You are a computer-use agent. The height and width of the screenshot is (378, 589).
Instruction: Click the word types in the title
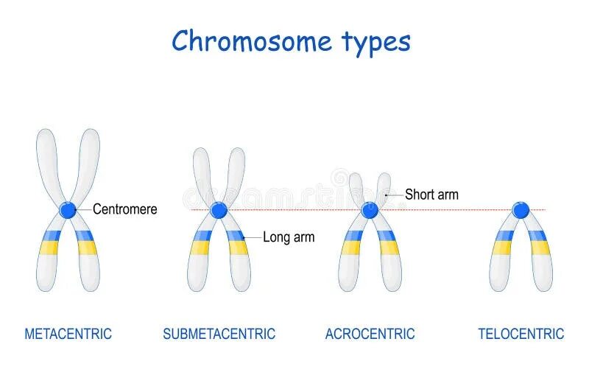pos(375,43)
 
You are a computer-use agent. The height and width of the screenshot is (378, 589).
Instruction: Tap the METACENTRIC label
pos(68,334)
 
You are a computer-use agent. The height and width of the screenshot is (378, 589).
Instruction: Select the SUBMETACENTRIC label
pos(219,334)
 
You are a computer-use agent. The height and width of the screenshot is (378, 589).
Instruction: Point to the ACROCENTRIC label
pos(370,334)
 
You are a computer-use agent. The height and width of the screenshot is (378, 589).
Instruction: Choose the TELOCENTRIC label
pos(521,334)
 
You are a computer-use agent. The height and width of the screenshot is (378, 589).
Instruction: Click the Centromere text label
pos(125,209)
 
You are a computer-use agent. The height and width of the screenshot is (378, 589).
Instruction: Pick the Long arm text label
pos(289,237)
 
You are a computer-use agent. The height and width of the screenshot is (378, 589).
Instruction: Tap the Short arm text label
pos(431,195)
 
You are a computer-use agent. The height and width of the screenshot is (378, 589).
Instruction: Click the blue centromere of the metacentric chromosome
pos(68,210)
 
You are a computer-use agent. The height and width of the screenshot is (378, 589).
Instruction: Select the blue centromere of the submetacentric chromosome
pos(218,210)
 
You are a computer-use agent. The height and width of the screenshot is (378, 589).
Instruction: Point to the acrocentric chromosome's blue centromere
pos(370,210)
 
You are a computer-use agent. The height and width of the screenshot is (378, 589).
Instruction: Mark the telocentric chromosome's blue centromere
pos(521,210)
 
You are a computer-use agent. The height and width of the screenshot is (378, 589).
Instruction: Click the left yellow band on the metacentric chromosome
pos(49,248)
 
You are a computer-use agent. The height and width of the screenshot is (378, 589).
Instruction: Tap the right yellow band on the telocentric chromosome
pos(540,248)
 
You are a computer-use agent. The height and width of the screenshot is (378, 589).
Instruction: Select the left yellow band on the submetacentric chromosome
pos(200,248)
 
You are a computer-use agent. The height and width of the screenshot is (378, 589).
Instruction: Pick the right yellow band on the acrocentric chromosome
pos(389,248)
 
